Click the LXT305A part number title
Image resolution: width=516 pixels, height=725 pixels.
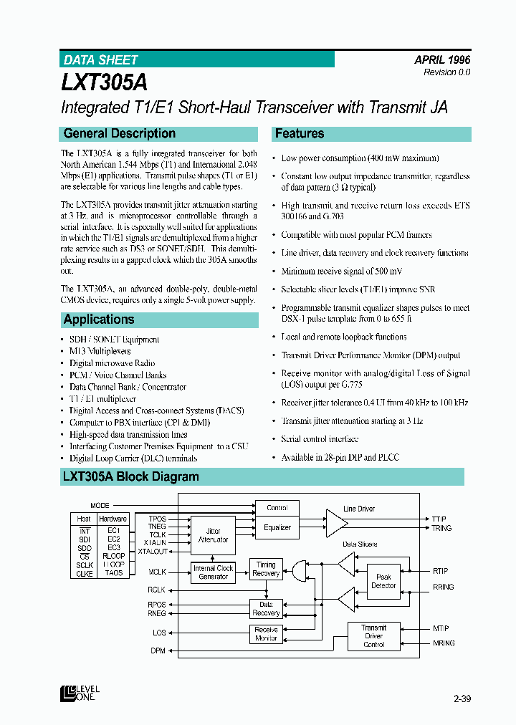coord(105,81)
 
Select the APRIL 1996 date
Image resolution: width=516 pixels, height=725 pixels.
coord(441,60)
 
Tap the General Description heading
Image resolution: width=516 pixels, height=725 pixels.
coord(120,133)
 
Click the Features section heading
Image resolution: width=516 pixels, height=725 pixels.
coord(300,133)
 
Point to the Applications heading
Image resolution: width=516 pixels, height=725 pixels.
coord(99,320)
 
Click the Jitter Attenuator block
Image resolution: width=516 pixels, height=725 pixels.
coord(213,535)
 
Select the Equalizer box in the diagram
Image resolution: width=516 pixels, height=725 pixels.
coord(277,527)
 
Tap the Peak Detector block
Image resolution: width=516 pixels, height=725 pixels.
coord(383,581)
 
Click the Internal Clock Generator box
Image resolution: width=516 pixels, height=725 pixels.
coord(213,572)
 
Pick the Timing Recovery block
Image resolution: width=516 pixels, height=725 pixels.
coord(266,569)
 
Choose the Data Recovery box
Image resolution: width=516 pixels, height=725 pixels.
coord(266,608)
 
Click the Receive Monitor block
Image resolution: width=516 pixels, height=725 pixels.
coord(266,634)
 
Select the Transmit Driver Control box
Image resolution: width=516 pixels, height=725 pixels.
coord(373,635)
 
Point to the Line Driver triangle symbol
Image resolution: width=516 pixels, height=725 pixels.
coord(335,523)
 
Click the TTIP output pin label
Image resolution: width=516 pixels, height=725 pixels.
coord(439,518)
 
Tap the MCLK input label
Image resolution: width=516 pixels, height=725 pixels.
coord(156,572)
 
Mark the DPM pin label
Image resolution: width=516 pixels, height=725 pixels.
coord(158,650)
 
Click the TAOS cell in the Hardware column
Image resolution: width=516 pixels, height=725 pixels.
coord(113,573)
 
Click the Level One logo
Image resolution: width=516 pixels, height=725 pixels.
coord(78,693)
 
